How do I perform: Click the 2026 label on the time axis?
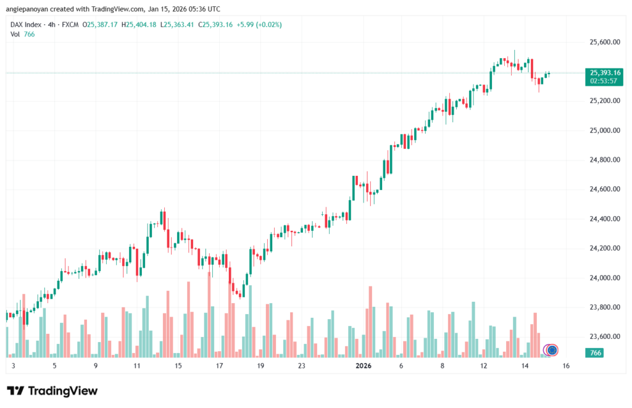[x=363, y=366]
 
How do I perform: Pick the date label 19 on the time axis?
[x=260, y=366]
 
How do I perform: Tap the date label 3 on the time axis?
[x=13, y=366]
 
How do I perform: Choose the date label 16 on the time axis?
[x=565, y=366]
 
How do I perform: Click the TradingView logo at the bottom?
[x=52, y=391]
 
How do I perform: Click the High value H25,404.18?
[x=140, y=25]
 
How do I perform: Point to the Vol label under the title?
[x=15, y=34]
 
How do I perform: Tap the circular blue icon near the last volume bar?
[x=552, y=351]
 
